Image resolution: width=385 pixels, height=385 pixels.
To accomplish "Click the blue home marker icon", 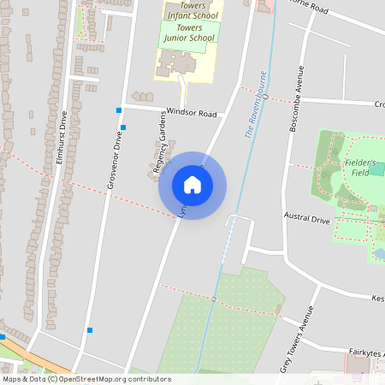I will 192,185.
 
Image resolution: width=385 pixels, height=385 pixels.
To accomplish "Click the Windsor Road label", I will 192,112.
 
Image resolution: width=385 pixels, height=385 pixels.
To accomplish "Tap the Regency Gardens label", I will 158,146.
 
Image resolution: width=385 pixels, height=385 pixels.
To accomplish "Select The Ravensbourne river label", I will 253,116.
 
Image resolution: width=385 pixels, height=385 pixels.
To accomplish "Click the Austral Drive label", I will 307,220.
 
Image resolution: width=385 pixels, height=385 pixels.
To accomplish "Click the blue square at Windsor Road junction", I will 118,110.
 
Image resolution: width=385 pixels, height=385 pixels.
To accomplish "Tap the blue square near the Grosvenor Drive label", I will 124,127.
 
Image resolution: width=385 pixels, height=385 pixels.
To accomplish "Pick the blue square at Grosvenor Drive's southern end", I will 89,329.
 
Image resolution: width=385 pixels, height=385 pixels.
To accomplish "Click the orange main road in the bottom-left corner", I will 34,356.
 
